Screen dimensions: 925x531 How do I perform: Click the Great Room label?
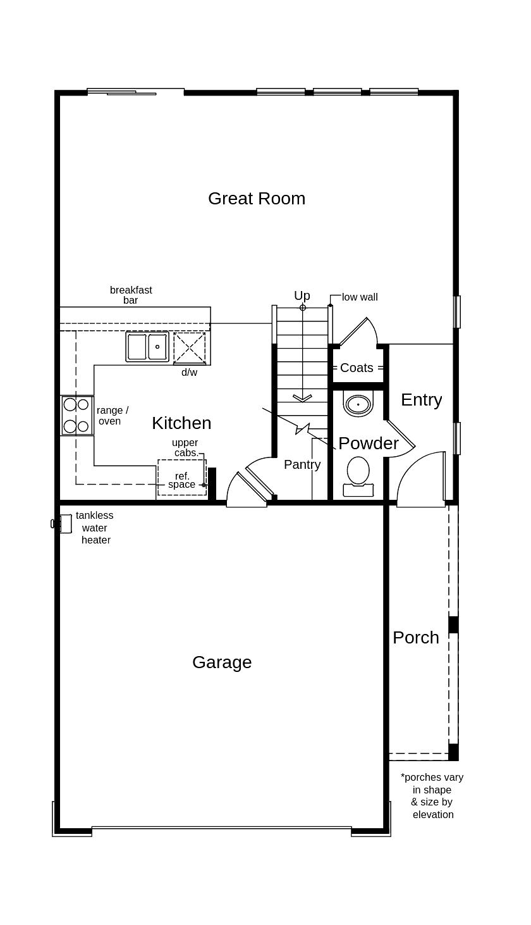click(x=256, y=199)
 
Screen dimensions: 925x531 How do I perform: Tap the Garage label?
click(x=222, y=662)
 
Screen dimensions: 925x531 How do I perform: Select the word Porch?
click(x=415, y=638)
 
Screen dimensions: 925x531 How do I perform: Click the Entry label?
click(x=421, y=400)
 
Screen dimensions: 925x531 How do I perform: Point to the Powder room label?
click(x=368, y=444)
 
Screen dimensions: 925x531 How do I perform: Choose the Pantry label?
click(x=302, y=464)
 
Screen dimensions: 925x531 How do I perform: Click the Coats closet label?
click(x=357, y=368)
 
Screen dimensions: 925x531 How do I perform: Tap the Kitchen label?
click(x=181, y=423)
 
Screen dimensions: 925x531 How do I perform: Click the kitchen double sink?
click(x=147, y=347)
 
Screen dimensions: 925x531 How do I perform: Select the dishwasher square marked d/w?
click(x=190, y=348)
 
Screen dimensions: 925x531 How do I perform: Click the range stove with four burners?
click(x=76, y=416)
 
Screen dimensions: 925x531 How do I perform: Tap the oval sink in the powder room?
click(x=358, y=404)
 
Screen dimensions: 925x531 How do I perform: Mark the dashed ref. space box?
click(x=182, y=478)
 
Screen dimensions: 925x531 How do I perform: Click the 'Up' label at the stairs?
click(x=302, y=295)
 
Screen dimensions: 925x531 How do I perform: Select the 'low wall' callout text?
click(x=360, y=297)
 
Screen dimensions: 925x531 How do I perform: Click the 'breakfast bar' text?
click(x=131, y=295)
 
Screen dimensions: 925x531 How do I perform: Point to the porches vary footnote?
click(x=432, y=796)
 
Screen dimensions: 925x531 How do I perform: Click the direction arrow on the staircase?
click(x=302, y=397)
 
